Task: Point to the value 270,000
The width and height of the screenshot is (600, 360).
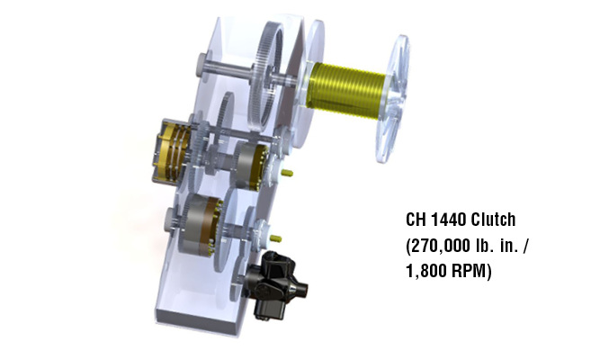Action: (440, 246)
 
